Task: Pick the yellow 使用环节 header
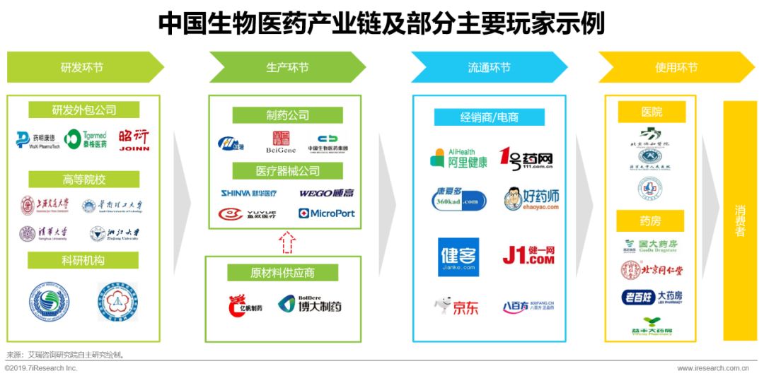click(676, 67)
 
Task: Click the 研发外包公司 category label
click(84, 110)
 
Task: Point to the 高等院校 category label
click(84, 180)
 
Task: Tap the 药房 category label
click(650, 222)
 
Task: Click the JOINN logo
click(134, 139)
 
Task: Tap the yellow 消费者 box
click(739, 221)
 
